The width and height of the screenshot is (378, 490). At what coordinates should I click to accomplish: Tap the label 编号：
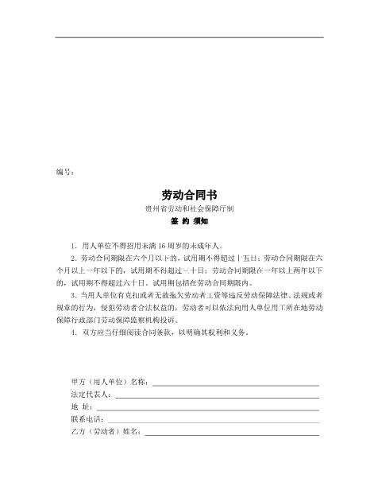[66, 171]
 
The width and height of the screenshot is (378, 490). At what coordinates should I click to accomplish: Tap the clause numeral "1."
[73, 246]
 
